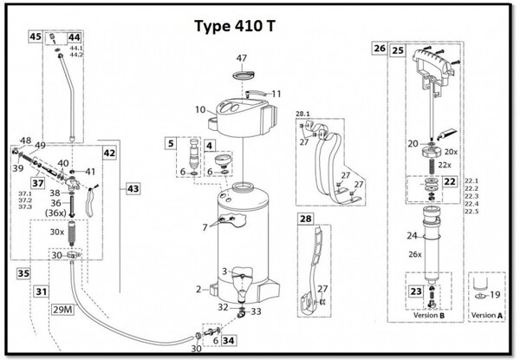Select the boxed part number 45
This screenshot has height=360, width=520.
click(36, 37)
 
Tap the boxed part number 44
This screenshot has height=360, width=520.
click(74, 37)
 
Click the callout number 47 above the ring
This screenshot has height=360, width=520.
click(243, 58)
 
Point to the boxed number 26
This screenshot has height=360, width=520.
click(380, 49)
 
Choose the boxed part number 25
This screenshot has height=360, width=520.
click(398, 50)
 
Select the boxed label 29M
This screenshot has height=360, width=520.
click(63, 309)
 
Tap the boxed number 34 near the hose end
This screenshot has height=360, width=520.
click(228, 341)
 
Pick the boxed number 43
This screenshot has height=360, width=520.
click(133, 187)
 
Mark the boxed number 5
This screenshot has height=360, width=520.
click(171, 142)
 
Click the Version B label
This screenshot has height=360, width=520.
click(431, 315)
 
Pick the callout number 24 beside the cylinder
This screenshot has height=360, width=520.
click(411, 235)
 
